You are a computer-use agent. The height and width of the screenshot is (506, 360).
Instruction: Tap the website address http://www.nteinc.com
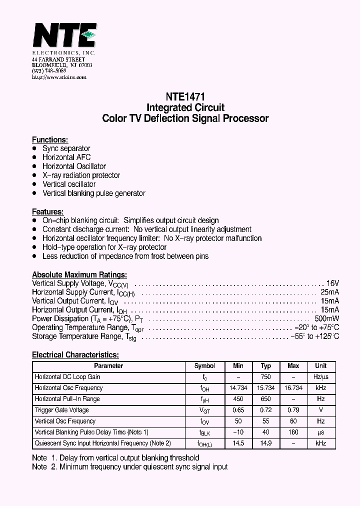click(59, 77)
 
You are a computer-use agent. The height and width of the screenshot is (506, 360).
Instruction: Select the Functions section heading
click(50, 140)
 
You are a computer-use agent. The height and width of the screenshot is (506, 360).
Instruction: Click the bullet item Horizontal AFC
click(66, 157)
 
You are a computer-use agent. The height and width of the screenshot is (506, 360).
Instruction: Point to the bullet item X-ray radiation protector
click(81, 175)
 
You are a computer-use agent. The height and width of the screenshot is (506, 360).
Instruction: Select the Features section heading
click(48, 211)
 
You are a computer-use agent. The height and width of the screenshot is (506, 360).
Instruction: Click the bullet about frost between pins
click(125, 256)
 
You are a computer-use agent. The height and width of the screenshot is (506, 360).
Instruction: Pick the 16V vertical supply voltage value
click(332, 283)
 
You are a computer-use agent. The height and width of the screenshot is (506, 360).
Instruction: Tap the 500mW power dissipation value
click(327, 319)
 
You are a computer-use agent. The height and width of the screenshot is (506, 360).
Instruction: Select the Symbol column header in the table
click(204, 366)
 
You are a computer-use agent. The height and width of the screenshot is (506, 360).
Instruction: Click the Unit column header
click(320, 366)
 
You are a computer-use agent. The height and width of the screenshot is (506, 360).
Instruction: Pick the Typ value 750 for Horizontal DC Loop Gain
click(265, 377)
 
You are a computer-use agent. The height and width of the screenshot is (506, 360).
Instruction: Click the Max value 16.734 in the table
click(293, 388)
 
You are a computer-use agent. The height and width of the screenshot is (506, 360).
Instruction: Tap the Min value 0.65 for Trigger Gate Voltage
click(238, 410)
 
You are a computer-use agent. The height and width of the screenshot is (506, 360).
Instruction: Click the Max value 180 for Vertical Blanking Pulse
click(293, 432)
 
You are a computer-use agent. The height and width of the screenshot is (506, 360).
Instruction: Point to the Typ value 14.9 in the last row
click(265, 443)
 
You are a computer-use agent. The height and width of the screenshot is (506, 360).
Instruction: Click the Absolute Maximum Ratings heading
click(79, 274)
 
